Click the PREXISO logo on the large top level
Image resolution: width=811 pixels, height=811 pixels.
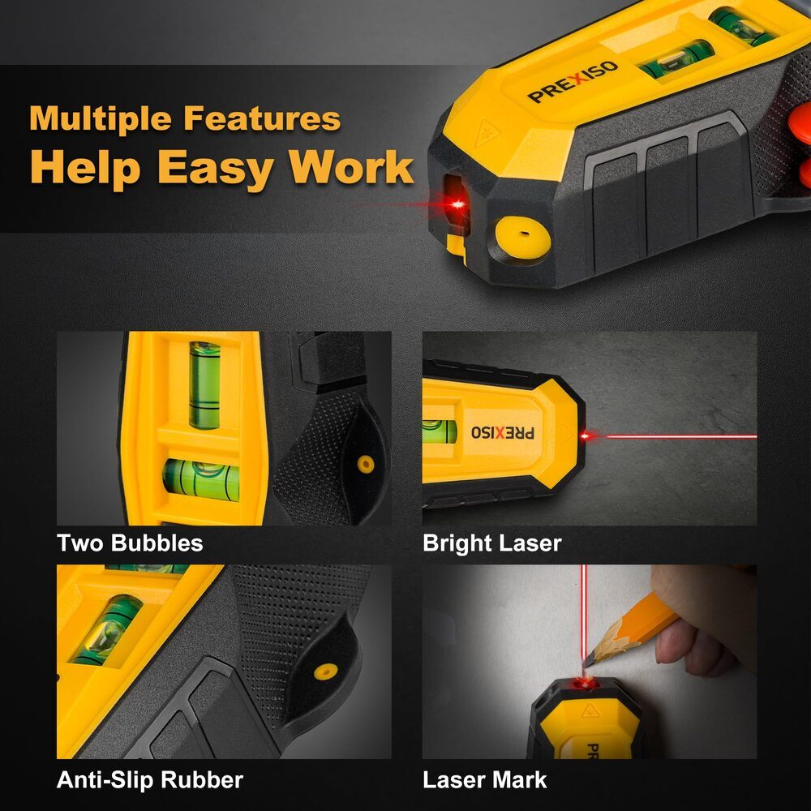tap(573, 82)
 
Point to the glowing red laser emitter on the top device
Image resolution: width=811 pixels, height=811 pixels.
tap(458, 204)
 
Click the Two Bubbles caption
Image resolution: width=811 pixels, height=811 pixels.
tap(130, 543)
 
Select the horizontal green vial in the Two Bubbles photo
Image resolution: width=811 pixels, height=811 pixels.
tap(201, 478)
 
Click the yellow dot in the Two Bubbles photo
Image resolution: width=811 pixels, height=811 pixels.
tap(366, 464)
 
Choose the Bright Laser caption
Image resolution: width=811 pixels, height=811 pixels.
tap(491, 543)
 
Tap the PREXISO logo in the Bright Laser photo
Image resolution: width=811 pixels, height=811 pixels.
tap(503, 432)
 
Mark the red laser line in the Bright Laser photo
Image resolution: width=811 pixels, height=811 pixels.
tap(681, 436)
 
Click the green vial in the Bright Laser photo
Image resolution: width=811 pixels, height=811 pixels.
tap(439, 431)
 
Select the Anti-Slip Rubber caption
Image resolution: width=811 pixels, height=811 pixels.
tap(149, 780)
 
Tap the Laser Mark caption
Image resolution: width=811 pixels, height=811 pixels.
tap(484, 780)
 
